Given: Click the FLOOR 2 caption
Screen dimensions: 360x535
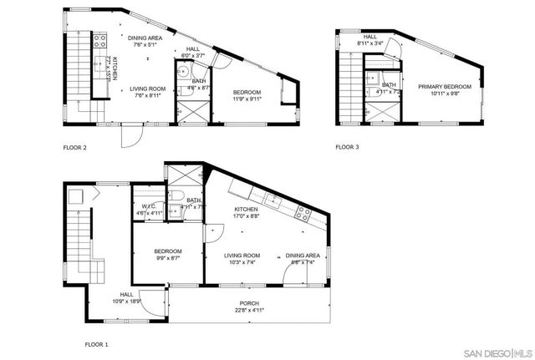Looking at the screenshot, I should (75, 148).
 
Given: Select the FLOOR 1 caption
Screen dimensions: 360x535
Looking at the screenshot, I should (96, 343).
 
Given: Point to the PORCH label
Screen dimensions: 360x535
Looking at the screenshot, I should (250, 303).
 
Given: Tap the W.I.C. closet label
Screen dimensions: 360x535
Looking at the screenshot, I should (149, 206).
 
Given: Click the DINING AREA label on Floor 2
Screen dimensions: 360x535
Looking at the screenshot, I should (145, 38).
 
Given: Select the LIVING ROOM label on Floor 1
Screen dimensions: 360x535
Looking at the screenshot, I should (242, 256).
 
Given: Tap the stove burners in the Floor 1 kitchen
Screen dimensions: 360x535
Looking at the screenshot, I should (305, 212).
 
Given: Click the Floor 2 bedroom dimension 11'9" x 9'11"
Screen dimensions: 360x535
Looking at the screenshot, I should (247, 99).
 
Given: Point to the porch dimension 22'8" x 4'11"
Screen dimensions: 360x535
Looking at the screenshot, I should (250, 310).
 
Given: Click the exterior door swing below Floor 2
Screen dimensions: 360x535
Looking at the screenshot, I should (131, 134).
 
